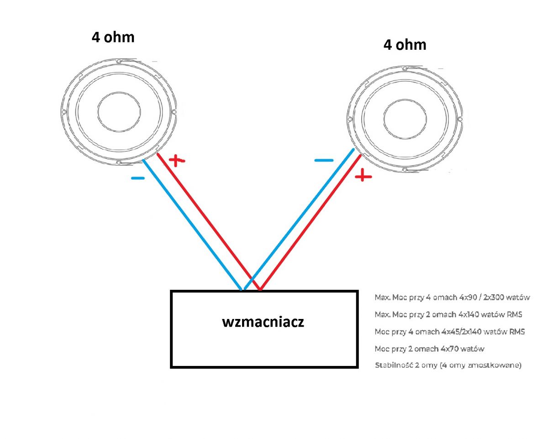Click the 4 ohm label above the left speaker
113,37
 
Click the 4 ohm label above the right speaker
405,45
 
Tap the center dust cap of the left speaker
119,112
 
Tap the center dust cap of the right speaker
405,119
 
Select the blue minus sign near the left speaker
138,178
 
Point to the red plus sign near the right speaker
364,176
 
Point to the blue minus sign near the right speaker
324,160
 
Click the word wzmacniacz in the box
263,322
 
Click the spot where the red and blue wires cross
252,278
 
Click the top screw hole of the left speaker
119,61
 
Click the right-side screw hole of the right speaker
460,119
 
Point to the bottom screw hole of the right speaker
405,170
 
